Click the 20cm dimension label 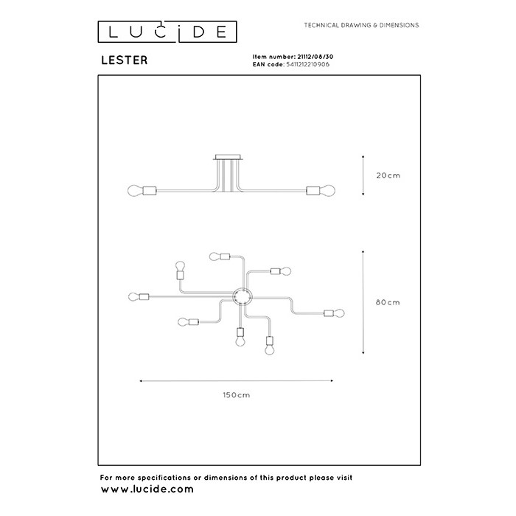(388, 175)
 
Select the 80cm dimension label (388, 302)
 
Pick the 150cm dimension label (237, 395)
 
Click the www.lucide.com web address (147, 489)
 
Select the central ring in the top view (242, 297)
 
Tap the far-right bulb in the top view (340, 313)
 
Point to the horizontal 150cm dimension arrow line (237, 381)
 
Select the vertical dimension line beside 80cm (363, 302)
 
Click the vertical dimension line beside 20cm (363, 175)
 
